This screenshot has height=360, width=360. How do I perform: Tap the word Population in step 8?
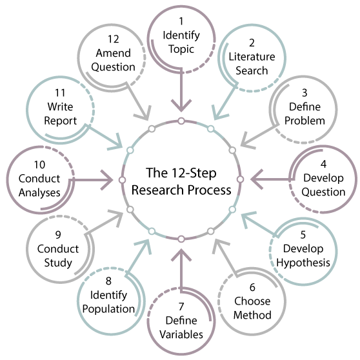click(108, 308)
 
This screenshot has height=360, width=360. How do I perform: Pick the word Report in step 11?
click(61, 121)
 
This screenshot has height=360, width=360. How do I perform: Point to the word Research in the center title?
click(155, 190)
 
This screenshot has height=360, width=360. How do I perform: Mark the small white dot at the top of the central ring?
click(181, 121)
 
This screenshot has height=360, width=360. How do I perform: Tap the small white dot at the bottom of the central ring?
click(181, 239)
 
